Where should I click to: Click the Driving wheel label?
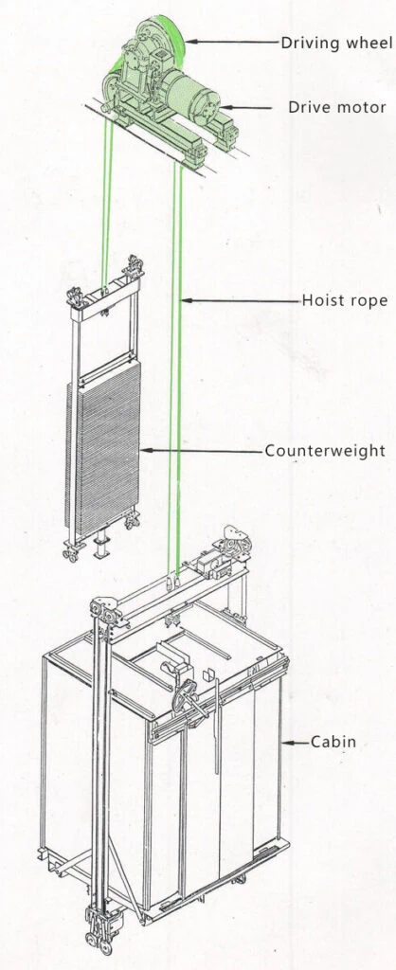pyautogui.click(x=336, y=43)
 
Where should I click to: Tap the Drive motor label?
pyautogui.click(x=337, y=107)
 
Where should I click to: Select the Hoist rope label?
pyautogui.click(x=345, y=300)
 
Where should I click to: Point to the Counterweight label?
pyautogui.click(x=325, y=450)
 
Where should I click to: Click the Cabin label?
pyautogui.click(x=333, y=741)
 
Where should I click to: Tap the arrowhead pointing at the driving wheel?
pyautogui.click(x=189, y=42)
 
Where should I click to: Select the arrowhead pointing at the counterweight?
pyautogui.click(x=145, y=450)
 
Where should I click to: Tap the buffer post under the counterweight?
pyautogui.click(x=99, y=545)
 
